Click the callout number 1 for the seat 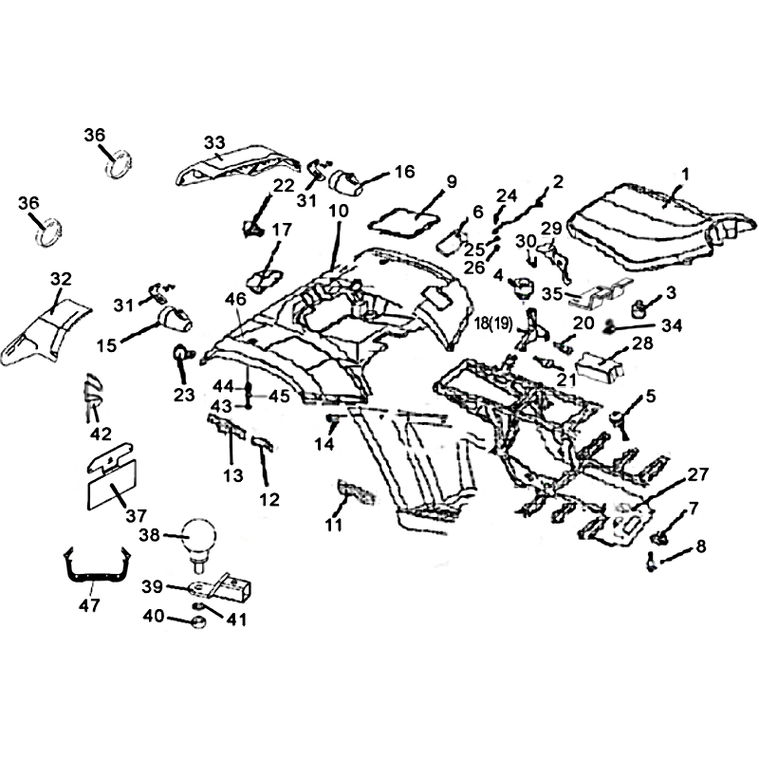click(685, 174)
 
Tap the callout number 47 click(90, 604)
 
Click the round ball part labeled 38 click(201, 538)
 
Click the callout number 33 click(213, 142)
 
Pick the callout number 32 click(61, 278)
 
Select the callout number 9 click(451, 181)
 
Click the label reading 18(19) click(494, 324)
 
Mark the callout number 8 click(701, 546)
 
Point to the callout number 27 click(697, 473)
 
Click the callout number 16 click(404, 172)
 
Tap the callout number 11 click(334, 524)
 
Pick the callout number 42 click(101, 434)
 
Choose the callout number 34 click(672, 326)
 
